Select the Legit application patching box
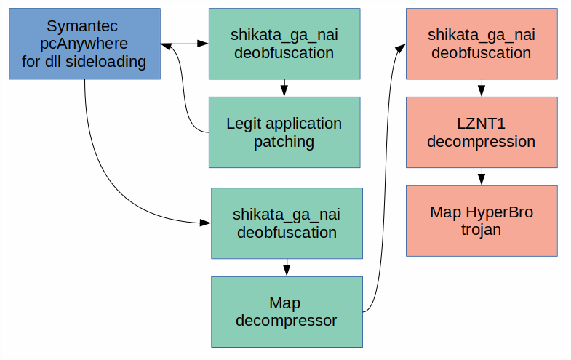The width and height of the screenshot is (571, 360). [284, 132]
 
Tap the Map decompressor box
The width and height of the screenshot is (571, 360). [287, 311]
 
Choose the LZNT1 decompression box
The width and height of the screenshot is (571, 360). [481, 132]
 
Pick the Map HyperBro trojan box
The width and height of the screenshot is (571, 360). [481, 220]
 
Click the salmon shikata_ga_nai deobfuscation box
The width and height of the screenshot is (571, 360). [481, 44]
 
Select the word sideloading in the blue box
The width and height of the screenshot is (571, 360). [108, 62]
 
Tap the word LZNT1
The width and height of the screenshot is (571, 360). [481, 124]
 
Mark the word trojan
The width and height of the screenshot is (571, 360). [481, 230]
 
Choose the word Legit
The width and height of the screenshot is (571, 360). [245, 124]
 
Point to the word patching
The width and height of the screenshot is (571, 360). [284, 142]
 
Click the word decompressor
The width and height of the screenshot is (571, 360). [286, 321]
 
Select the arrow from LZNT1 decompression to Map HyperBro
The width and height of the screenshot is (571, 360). [482, 177]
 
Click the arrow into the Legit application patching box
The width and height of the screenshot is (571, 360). [284, 88]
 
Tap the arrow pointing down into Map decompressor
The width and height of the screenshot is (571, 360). [287, 267]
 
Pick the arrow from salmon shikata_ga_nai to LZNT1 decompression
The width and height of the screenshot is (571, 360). [482, 88]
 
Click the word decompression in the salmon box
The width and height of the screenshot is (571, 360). [481, 142]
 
